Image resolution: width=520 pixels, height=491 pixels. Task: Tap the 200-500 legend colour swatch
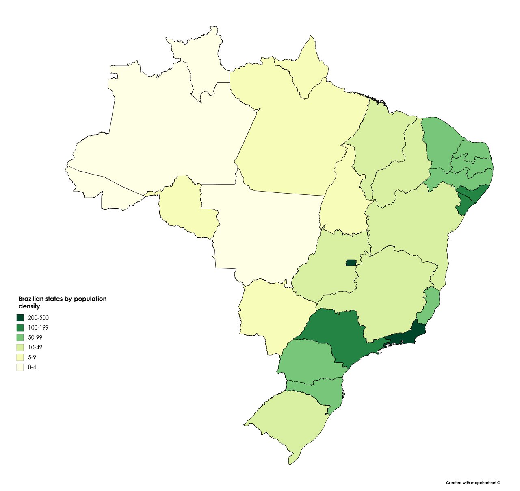coord(20,318)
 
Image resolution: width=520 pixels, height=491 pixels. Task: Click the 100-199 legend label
coord(39,327)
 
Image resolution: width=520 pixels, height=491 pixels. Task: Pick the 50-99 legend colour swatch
coord(20,337)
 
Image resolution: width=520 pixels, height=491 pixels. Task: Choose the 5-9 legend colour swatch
coord(20,357)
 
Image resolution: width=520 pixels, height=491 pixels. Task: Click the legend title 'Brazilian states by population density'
coord(62,302)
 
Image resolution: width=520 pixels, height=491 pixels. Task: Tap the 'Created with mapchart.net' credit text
coord(473,483)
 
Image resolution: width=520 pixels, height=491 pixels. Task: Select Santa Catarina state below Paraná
coord(321,391)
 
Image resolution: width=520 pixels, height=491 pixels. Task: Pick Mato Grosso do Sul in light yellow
coord(272,313)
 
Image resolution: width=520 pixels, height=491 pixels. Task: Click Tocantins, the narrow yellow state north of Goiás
coord(345,199)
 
